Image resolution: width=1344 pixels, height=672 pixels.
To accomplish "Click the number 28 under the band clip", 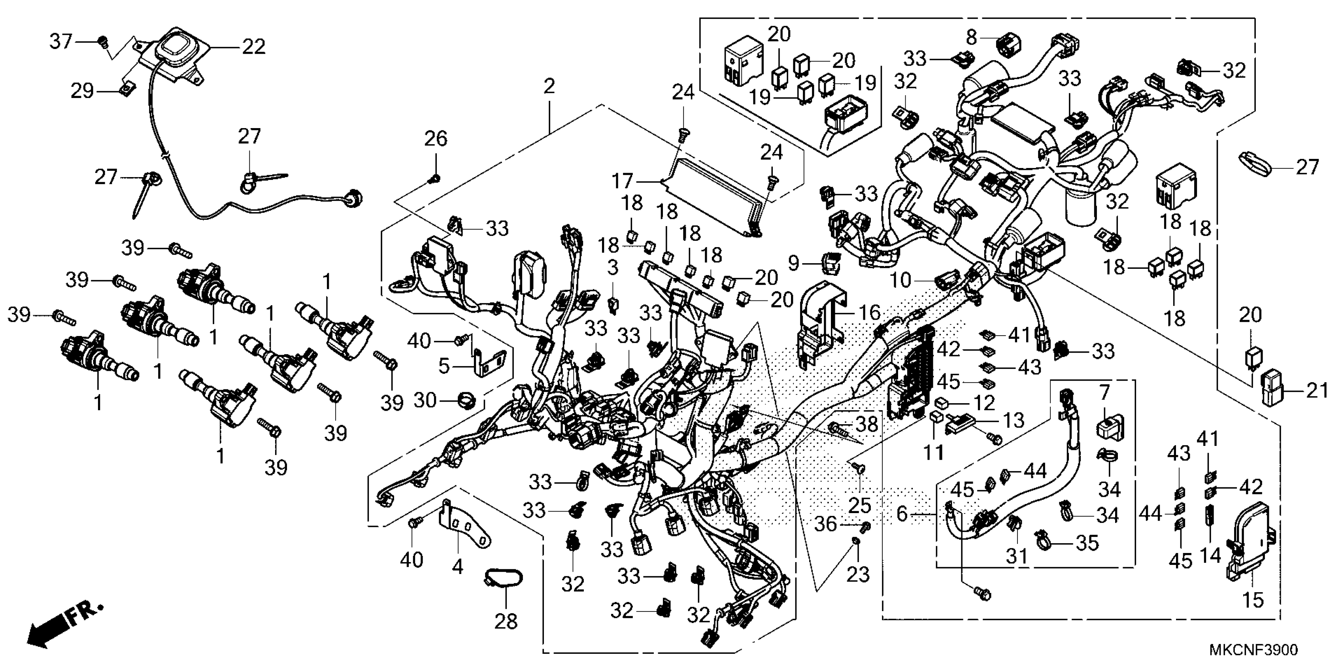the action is pos(506,621).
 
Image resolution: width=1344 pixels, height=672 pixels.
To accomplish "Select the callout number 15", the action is pos(1253,600).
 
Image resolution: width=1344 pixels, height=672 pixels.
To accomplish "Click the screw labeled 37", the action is pos(103,40).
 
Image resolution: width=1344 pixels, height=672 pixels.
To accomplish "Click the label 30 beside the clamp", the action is pos(425,401).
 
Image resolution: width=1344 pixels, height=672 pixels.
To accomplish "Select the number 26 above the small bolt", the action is pos(436,139).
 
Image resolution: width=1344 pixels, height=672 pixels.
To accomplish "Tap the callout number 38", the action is pos(867,424).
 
